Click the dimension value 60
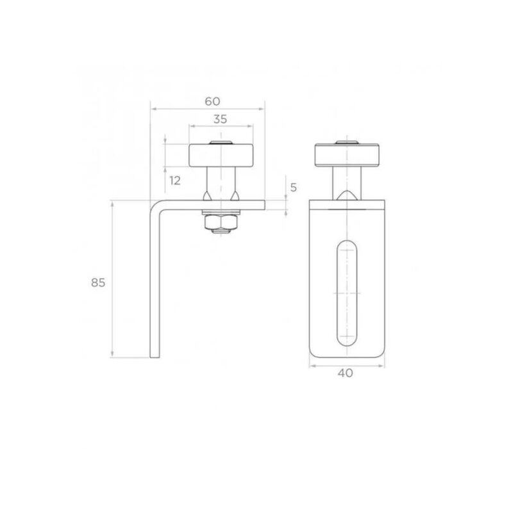pyautogui.click(x=212, y=101)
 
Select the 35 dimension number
pyautogui.click(x=220, y=119)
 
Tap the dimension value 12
pyautogui.click(x=175, y=180)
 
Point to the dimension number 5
pyautogui.click(x=294, y=188)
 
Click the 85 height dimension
pyautogui.click(x=98, y=282)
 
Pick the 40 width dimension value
pyautogui.click(x=345, y=373)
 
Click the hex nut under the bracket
pyautogui.click(x=221, y=223)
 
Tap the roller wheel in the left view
pyautogui.click(x=221, y=156)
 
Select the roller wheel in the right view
pyautogui.click(x=347, y=156)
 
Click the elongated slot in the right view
pyautogui.click(x=347, y=293)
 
